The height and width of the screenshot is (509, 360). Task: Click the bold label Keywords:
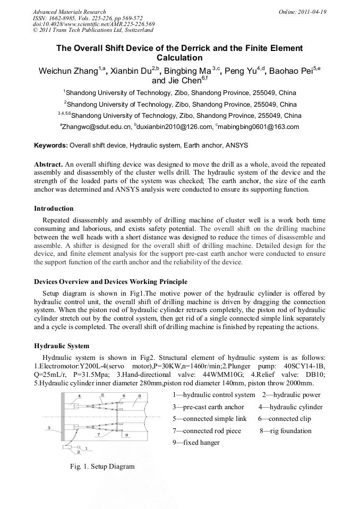pos(51,145)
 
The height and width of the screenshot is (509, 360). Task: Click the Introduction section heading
pos(54,208)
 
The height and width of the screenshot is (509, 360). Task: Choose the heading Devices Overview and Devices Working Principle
pos(110,281)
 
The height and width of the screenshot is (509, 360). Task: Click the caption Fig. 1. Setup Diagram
pos(102,467)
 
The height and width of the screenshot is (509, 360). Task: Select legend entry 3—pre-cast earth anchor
pos(208,407)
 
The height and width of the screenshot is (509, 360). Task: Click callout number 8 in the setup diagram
pos(140,395)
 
